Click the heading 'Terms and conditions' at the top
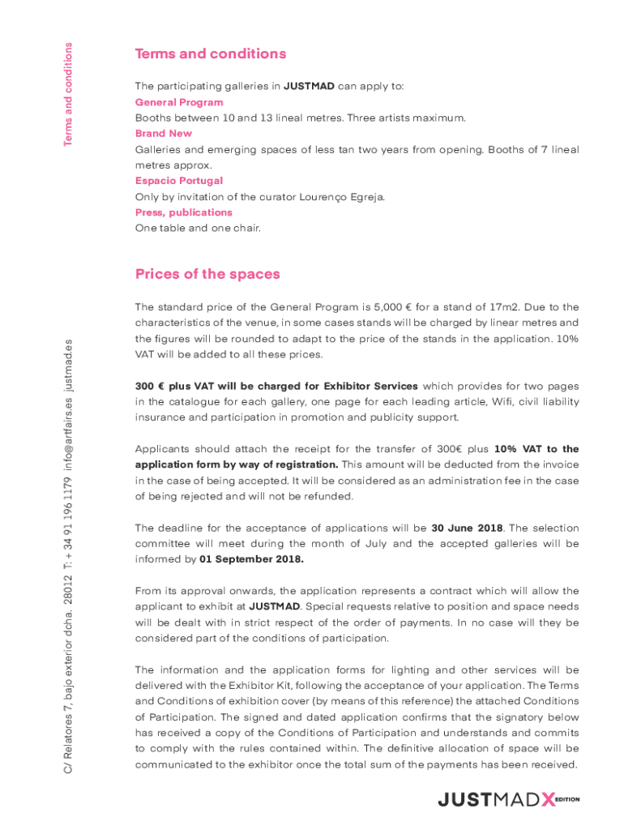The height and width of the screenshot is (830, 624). click(x=211, y=54)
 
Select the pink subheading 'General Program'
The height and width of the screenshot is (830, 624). click(x=179, y=102)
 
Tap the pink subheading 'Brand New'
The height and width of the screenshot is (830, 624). click(x=164, y=134)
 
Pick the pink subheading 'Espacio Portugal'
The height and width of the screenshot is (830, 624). click(x=178, y=181)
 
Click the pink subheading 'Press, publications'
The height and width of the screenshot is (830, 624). click(x=184, y=212)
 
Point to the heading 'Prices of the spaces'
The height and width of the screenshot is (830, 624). click(x=207, y=274)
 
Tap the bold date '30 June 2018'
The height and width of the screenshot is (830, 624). click(x=464, y=528)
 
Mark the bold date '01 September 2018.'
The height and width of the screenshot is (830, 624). click(x=252, y=559)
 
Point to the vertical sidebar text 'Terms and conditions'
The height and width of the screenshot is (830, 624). click(x=70, y=95)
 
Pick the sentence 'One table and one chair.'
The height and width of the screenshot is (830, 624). click(x=199, y=229)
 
